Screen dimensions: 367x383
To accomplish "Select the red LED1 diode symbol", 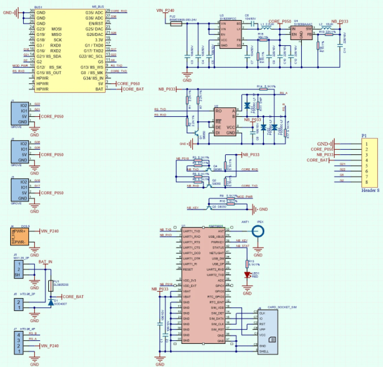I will point(247,275).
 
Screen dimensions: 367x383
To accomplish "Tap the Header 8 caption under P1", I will point(370,190).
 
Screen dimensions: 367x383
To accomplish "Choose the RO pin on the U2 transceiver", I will point(218,111).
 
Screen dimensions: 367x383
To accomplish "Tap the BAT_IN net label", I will point(46,263).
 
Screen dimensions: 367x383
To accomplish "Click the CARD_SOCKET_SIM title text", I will point(282,307).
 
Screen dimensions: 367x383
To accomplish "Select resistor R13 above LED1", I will point(247,264).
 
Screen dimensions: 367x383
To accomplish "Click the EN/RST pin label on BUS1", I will point(95,23).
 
